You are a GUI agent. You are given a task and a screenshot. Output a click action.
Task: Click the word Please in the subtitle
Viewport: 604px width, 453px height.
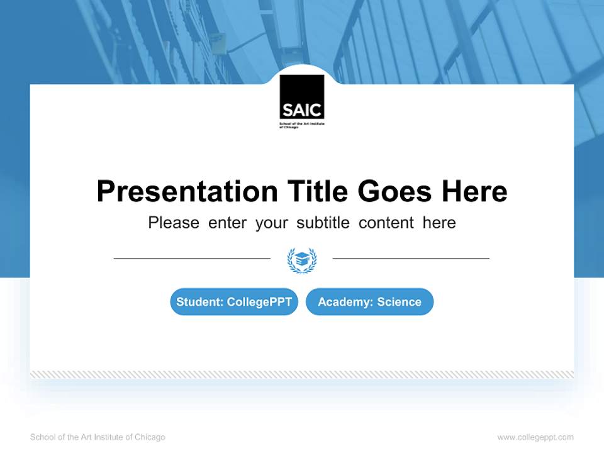174,223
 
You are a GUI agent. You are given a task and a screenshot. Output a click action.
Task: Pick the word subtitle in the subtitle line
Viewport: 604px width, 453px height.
324,223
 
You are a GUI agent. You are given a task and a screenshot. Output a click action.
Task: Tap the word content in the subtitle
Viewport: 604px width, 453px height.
386,223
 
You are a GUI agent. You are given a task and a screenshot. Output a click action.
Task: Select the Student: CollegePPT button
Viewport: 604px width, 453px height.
234,302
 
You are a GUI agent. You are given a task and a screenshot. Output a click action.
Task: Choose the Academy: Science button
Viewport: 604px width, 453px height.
369,302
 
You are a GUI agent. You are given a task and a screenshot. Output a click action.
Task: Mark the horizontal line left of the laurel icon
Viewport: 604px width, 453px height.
192,258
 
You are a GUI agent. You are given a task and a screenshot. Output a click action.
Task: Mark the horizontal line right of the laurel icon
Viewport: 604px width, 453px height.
411,258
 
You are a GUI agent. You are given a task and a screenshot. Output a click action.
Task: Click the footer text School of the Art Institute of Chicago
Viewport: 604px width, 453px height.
98,437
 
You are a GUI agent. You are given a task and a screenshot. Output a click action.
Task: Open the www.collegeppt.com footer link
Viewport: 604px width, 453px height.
535,437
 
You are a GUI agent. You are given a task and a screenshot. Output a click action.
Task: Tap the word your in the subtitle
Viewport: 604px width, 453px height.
272,223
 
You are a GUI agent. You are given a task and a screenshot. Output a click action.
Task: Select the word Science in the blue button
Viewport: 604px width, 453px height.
399,302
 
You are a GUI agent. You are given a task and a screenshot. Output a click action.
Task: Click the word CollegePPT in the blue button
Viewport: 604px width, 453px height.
259,302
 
